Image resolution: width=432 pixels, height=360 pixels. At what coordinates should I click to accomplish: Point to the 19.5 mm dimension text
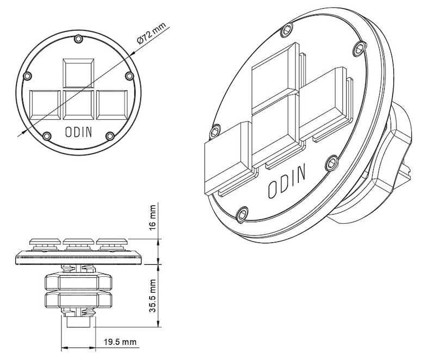(120, 343)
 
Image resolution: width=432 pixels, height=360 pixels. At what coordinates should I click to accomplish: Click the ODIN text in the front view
(78, 131)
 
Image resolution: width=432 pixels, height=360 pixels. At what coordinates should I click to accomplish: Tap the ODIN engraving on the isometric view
(287, 181)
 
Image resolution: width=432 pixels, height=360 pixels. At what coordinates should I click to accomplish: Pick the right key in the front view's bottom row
(112, 104)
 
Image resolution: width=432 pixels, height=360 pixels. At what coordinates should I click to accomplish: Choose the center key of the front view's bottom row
(78, 104)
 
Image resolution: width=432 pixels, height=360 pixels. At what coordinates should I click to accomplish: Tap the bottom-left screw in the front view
(47, 135)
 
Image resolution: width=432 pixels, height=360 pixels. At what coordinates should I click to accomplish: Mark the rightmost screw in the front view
(129, 76)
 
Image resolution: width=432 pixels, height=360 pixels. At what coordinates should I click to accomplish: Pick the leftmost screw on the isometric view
(216, 131)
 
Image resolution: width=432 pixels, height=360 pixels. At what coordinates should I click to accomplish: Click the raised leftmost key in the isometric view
(226, 157)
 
